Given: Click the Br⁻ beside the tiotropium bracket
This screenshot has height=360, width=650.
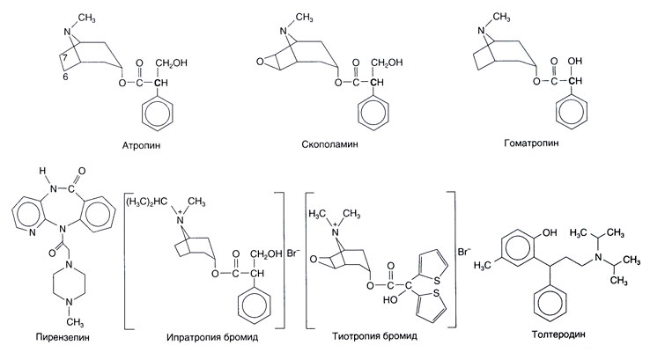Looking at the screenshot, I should pyautogui.click(x=464, y=252).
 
